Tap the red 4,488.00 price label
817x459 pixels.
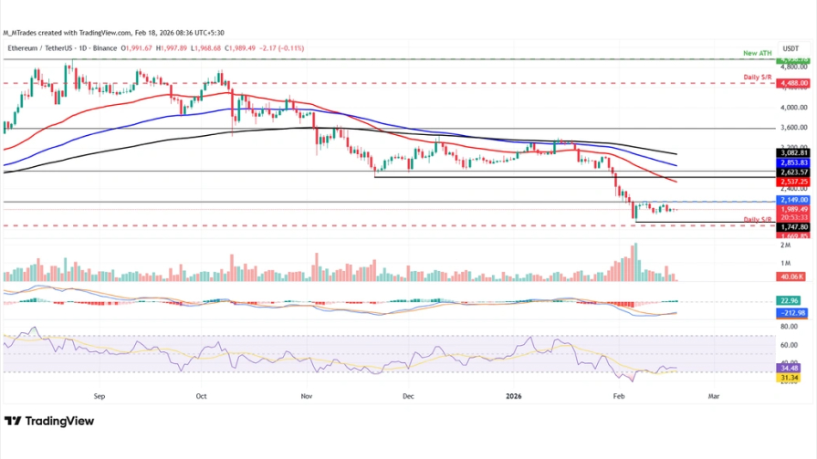(x=791, y=83)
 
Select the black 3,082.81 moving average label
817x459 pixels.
(x=791, y=152)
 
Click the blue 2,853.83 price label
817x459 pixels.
(x=791, y=162)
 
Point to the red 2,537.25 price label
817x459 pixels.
(x=791, y=182)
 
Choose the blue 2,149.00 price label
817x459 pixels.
(x=791, y=199)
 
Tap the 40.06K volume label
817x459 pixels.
(x=789, y=276)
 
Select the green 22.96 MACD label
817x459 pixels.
(x=789, y=300)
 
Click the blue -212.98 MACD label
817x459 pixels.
(x=790, y=313)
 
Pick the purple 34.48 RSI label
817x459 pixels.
(x=789, y=368)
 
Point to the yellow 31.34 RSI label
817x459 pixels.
(x=789, y=377)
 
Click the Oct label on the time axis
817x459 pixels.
(x=202, y=396)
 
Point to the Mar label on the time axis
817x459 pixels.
(x=714, y=396)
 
